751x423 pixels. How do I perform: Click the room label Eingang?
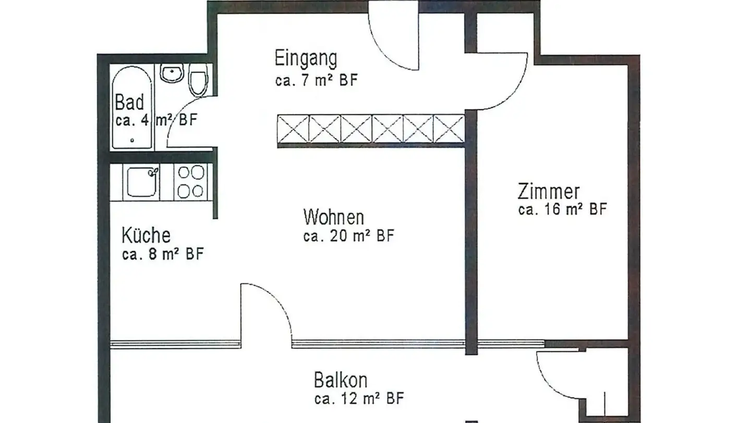(x=306, y=58)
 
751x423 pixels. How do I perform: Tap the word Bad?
(x=129, y=102)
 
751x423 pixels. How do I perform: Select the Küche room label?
(x=146, y=236)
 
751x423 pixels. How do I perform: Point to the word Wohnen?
(x=334, y=217)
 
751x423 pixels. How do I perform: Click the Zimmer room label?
(x=548, y=192)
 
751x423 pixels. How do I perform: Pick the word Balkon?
(x=341, y=380)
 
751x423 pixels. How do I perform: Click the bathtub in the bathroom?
(x=132, y=107)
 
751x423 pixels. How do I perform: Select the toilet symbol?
(x=198, y=81)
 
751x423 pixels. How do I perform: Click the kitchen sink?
(x=141, y=181)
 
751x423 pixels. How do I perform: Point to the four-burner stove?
(x=191, y=181)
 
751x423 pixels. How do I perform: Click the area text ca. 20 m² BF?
(x=348, y=236)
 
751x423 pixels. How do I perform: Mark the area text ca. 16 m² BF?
(x=563, y=210)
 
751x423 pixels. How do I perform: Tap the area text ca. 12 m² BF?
(x=359, y=399)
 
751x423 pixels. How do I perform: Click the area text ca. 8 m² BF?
(x=162, y=255)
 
